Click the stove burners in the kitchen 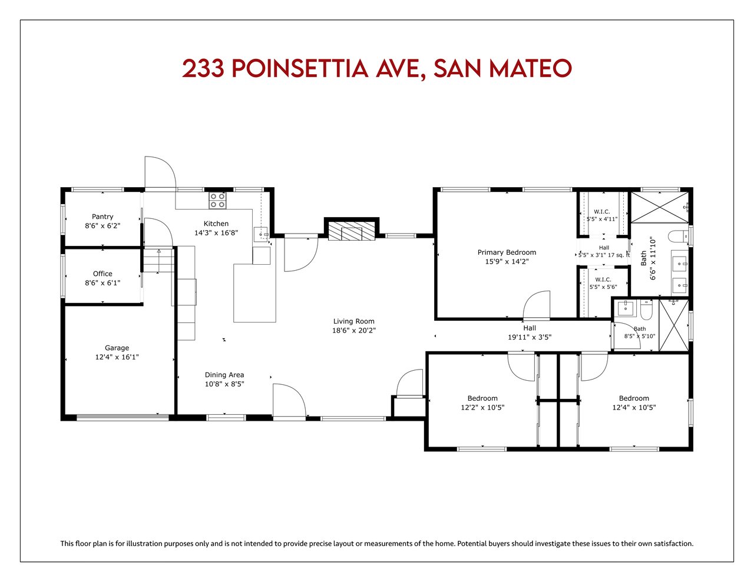(x=217, y=201)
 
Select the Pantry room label (x=102, y=217)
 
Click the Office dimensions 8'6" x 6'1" (x=102, y=283)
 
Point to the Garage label (x=117, y=348)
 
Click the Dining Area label (x=224, y=375)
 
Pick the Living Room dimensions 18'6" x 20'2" (x=353, y=330)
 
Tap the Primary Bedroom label (x=507, y=252)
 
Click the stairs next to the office (x=158, y=260)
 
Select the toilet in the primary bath (x=679, y=237)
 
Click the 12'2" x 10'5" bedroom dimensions (x=482, y=407)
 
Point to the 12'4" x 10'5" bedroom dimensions (x=634, y=407)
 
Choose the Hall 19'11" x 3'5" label (x=530, y=332)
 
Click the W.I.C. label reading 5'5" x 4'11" (x=601, y=215)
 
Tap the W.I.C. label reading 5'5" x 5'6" (x=603, y=283)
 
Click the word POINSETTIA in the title (x=300, y=68)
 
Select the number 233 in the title (x=203, y=68)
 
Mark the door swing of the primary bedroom (x=537, y=304)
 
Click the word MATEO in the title (x=531, y=68)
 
